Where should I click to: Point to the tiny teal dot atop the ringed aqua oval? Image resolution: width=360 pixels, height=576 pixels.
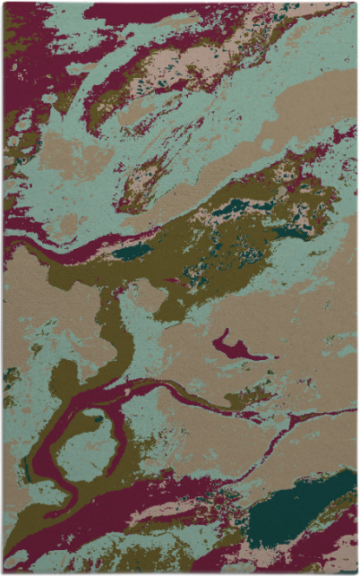[96, 417]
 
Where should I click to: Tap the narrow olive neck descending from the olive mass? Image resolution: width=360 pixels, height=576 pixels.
[114, 331]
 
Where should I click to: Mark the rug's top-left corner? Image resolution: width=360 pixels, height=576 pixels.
[4, 4]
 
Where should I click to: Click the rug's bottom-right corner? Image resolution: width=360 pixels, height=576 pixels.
[356, 572]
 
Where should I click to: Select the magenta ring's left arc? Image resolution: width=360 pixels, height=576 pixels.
[54, 448]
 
